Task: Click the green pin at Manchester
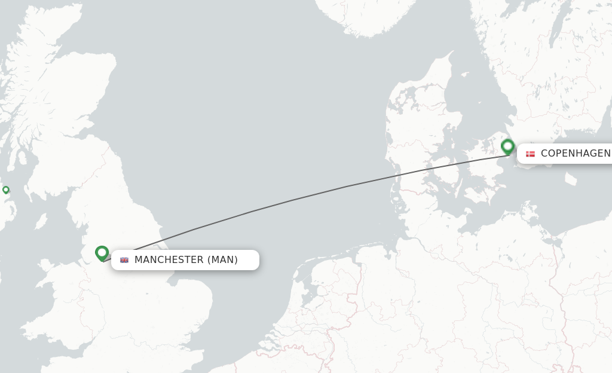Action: point(102,252)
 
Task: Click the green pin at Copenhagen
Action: point(507,145)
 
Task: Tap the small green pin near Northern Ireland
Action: point(6,189)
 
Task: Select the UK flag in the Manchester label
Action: point(124,260)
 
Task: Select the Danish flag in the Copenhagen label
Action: point(530,154)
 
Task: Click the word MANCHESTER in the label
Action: point(169,260)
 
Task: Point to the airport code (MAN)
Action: point(222,260)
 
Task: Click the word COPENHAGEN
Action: point(575,154)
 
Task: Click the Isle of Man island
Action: point(41,222)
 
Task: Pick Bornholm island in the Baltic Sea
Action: point(571,178)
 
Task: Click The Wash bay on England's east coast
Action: point(176,277)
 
